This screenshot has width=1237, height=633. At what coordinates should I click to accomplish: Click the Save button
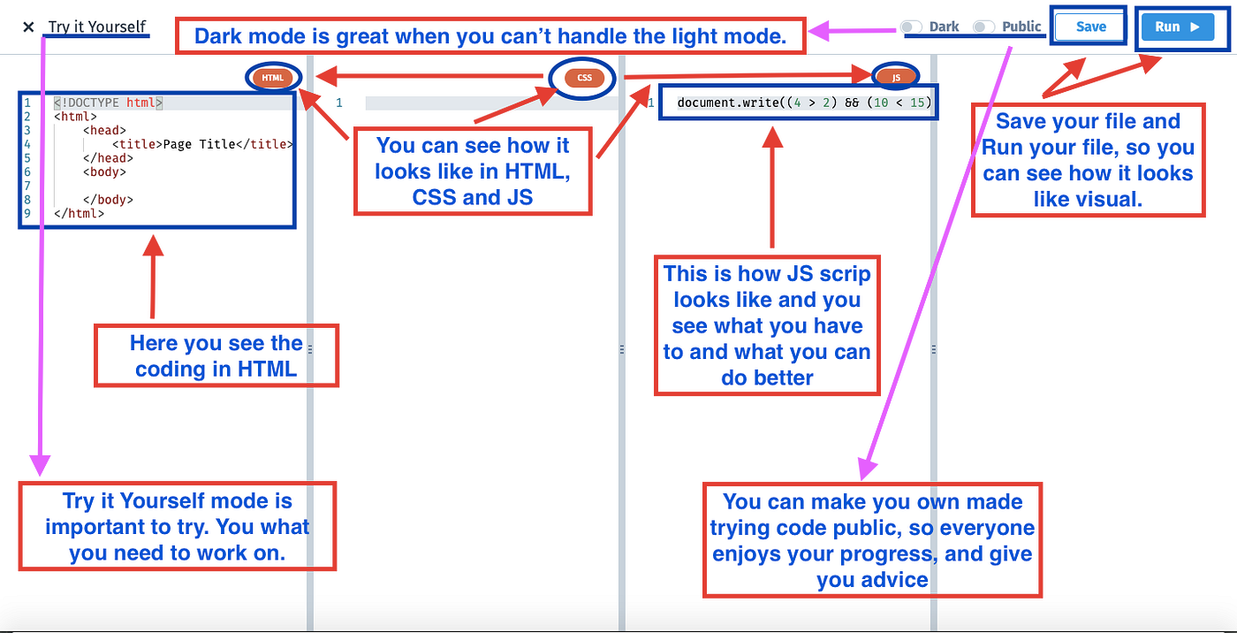pyautogui.click(x=1090, y=27)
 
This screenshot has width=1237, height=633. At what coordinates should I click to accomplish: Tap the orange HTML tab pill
pyautogui.click(x=273, y=78)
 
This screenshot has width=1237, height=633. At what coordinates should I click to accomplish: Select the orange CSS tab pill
pyautogui.click(x=584, y=78)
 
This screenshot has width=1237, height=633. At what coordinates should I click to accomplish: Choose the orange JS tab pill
pyautogui.click(x=896, y=78)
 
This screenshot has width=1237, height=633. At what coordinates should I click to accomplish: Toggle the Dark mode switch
pyautogui.click(x=911, y=27)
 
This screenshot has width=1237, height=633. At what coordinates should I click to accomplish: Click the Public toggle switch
pyautogui.click(x=983, y=27)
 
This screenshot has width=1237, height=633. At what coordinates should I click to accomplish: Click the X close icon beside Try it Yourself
pyautogui.click(x=28, y=27)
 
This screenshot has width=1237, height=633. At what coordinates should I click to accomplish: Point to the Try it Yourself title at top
pyautogui.click(x=97, y=27)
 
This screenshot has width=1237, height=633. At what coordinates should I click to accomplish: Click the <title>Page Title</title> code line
pyautogui.click(x=202, y=144)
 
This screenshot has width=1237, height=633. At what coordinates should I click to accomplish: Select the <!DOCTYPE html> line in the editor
pyautogui.click(x=108, y=103)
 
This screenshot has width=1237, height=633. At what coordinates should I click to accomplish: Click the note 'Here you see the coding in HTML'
pyautogui.click(x=216, y=355)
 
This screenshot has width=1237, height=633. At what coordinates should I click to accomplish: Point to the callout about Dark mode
pyautogui.click(x=490, y=36)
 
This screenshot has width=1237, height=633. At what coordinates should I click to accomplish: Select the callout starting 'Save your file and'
pyautogui.click(x=1088, y=160)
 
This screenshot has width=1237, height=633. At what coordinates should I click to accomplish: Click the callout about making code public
pyautogui.click(x=872, y=540)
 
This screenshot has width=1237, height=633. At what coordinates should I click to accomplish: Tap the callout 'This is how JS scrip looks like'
pyautogui.click(x=767, y=325)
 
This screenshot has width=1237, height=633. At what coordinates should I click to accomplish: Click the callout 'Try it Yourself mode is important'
pyautogui.click(x=178, y=527)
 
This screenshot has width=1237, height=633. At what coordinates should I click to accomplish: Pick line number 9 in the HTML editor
pyautogui.click(x=27, y=213)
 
